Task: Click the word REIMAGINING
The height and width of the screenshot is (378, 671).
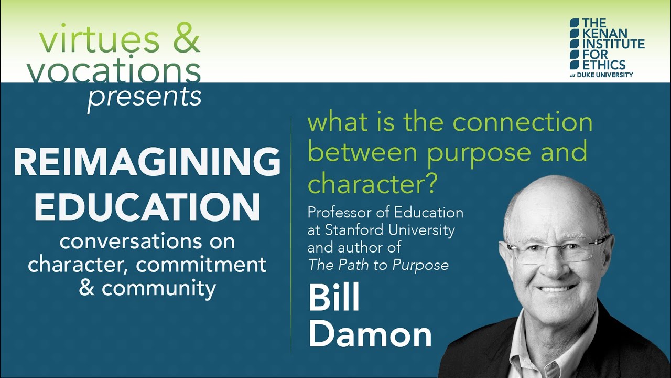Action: (147, 161)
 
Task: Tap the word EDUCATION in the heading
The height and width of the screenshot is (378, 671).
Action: (147, 206)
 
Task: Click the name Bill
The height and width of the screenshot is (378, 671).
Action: (334, 298)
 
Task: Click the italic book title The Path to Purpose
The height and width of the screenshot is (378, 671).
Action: (378, 265)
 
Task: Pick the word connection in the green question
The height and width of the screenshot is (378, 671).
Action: (523, 122)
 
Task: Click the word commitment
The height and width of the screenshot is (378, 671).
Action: (201, 265)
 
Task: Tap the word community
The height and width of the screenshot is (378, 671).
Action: (159, 288)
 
